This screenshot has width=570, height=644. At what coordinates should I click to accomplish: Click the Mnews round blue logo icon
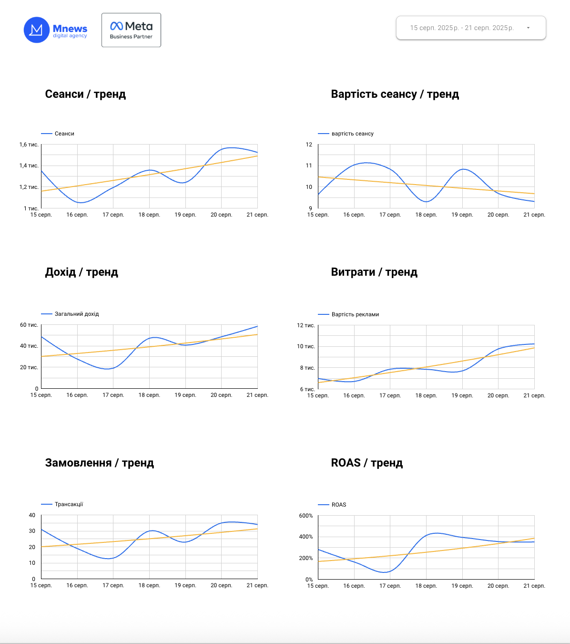pos(37,30)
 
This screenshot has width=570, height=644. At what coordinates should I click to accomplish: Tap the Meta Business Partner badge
pos(131,30)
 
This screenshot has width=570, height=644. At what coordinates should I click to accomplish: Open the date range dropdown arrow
pos(528,28)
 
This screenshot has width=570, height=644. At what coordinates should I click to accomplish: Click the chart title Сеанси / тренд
pos(85,94)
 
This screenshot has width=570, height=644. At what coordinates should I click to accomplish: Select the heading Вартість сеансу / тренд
pos(395,94)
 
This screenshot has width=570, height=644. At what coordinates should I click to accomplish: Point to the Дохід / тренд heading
pos(81,272)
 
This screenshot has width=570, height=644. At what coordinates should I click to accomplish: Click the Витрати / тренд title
pos(374,272)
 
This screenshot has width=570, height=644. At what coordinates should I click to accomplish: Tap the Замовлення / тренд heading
pos(100,463)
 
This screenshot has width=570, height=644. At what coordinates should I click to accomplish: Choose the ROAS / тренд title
pos(367,463)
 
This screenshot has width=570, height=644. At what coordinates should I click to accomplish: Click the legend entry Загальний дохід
pos(77,314)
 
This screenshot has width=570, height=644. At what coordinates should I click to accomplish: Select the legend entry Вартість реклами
pos(355,314)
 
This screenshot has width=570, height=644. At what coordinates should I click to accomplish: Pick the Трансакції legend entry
pos(69,504)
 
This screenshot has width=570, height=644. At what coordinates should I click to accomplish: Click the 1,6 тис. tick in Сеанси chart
pos(29,145)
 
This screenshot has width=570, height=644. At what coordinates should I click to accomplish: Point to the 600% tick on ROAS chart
pos(306,516)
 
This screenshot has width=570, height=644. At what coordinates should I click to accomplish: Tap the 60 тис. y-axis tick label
pos(29,325)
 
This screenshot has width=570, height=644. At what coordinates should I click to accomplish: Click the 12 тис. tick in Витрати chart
pos(306,325)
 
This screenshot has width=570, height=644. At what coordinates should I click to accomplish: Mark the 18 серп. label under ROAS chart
pos(426,586)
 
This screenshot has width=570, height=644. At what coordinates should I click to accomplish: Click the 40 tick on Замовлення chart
pos(32,515)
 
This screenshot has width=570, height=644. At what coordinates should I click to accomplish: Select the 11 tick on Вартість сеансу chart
pos(309,166)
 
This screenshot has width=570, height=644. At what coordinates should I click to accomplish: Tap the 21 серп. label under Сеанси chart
pos(257,215)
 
